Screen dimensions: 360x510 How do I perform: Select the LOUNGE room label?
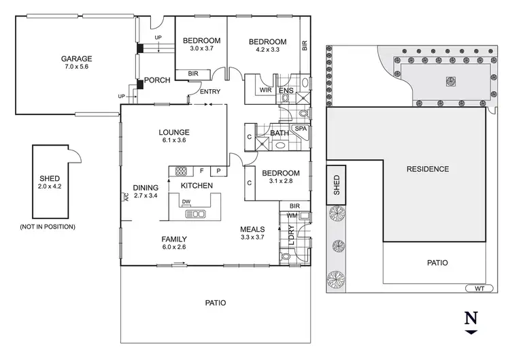(173, 132)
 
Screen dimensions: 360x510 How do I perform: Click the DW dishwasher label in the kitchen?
(186, 201)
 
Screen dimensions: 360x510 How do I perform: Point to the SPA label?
(300, 129)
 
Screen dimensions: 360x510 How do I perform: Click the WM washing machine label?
(292, 216)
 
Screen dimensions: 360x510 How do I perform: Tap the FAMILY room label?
(174, 239)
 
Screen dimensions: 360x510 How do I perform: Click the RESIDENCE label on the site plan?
(427, 169)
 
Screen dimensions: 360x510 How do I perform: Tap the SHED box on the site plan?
(336, 184)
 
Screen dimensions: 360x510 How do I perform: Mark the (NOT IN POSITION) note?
(48, 226)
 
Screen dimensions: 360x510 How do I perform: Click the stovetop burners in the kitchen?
(182, 171)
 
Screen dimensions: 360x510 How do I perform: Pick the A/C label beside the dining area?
(126, 199)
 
